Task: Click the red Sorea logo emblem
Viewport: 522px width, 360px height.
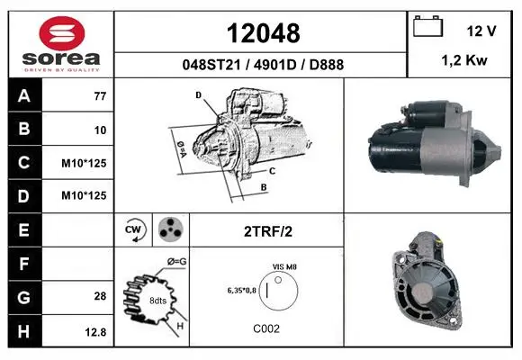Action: coord(62,33)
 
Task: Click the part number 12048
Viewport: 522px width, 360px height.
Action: coord(263,33)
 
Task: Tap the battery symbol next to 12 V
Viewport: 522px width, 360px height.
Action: coord(427,26)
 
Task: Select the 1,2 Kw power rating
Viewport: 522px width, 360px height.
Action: coord(464,60)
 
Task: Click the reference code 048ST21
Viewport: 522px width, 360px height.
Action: coord(211,65)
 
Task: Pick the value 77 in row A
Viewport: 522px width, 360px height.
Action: coord(100,96)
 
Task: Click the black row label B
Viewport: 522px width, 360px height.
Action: coord(24,129)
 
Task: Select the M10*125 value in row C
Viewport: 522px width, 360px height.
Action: coord(84,163)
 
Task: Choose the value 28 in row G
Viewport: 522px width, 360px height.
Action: coord(100,296)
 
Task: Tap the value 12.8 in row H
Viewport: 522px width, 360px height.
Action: coord(95,332)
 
